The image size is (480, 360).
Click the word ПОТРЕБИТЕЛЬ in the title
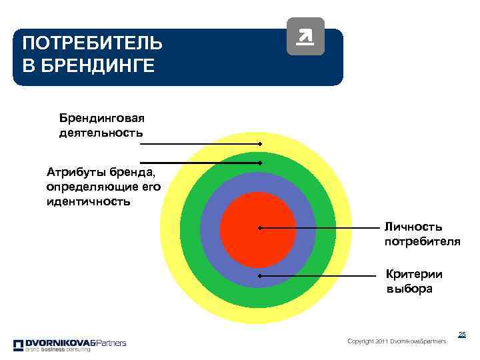click(x=91, y=44)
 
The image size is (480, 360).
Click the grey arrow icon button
click(x=305, y=36)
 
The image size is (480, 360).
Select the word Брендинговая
click(x=102, y=118)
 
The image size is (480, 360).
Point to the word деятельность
click(x=101, y=133)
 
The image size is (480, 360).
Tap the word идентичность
click(x=89, y=201)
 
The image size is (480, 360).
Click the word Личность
click(x=413, y=227)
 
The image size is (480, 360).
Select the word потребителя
click(x=422, y=241)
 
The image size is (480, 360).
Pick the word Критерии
click(x=414, y=274)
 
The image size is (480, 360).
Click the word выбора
click(x=409, y=289)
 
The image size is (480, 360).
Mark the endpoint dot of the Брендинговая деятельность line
click(x=261, y=144)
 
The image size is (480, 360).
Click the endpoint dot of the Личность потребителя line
click(x=259, y=228)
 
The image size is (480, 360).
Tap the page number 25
click(x=461, y=334)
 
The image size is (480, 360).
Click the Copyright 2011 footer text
click(x=397, y=341)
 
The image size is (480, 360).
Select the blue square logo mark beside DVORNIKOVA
click(x=18, y=345)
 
